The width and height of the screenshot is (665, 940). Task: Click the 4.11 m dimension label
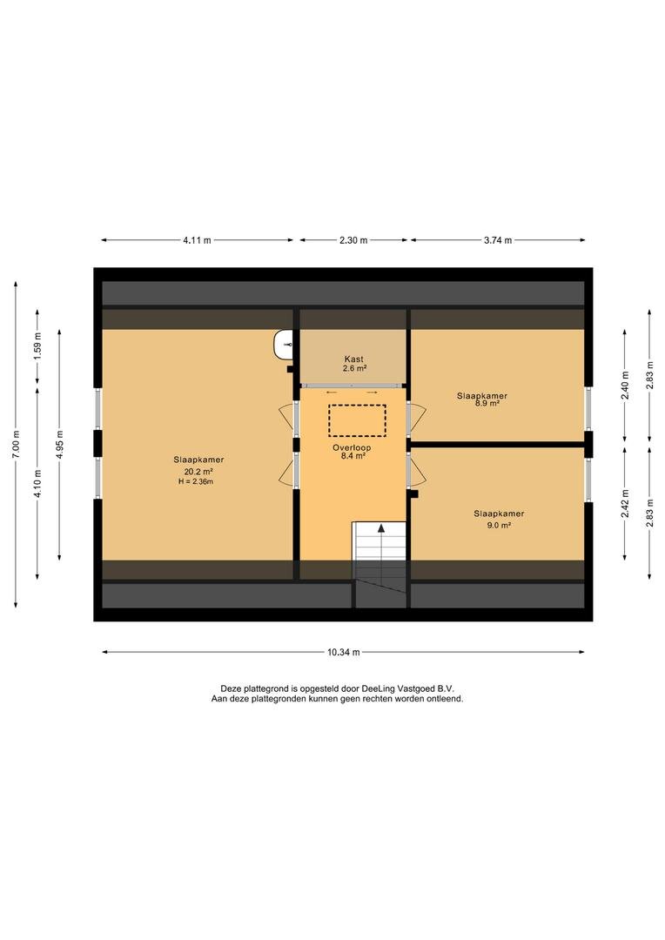[198, 240]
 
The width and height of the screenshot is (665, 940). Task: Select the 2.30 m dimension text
[353, 240]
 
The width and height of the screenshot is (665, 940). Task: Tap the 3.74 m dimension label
[498, 240]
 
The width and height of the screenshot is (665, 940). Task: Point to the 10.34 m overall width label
[344, 652]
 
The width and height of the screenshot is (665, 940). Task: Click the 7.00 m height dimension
[17, 444]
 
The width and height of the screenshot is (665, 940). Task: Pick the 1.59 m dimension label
[37, 346]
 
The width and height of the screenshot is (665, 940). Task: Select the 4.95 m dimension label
[59, 444]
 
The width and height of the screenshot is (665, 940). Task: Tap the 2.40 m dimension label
[625, 385]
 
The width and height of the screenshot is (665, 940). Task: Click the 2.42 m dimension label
[625, 504]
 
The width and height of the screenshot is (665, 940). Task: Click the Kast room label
[353, 359]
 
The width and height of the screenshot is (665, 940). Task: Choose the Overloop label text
[352, 447]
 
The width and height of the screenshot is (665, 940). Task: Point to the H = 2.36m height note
[196, 480]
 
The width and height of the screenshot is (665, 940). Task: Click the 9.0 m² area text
[498, 525]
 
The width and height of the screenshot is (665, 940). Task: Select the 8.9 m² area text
[487, 404]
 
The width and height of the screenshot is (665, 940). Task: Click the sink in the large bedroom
[284, 345]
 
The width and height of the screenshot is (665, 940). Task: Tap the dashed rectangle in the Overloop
[357, 420]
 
